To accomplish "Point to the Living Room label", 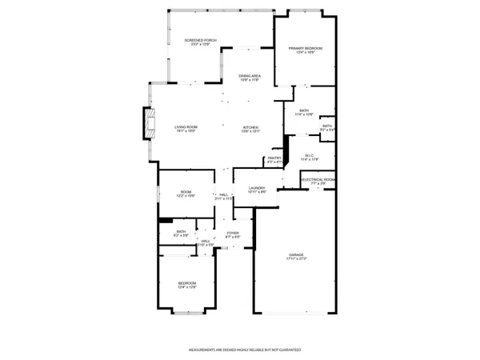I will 186,129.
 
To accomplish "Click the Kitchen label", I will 251,129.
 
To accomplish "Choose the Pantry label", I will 274,160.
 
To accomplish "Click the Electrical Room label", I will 318,182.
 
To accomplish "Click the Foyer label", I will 232,234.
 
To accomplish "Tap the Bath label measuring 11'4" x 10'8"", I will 304,113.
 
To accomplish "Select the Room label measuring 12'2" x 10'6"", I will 186,194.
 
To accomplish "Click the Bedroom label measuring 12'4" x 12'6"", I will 186,285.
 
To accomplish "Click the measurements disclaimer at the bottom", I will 240,350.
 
